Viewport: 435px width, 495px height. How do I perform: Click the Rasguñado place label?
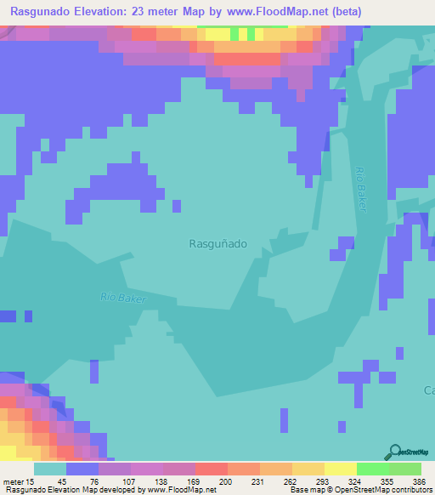coord(217,243)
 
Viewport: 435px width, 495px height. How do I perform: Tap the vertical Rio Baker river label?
coord(363,188)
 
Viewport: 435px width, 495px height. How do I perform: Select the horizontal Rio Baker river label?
coord(123,298)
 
